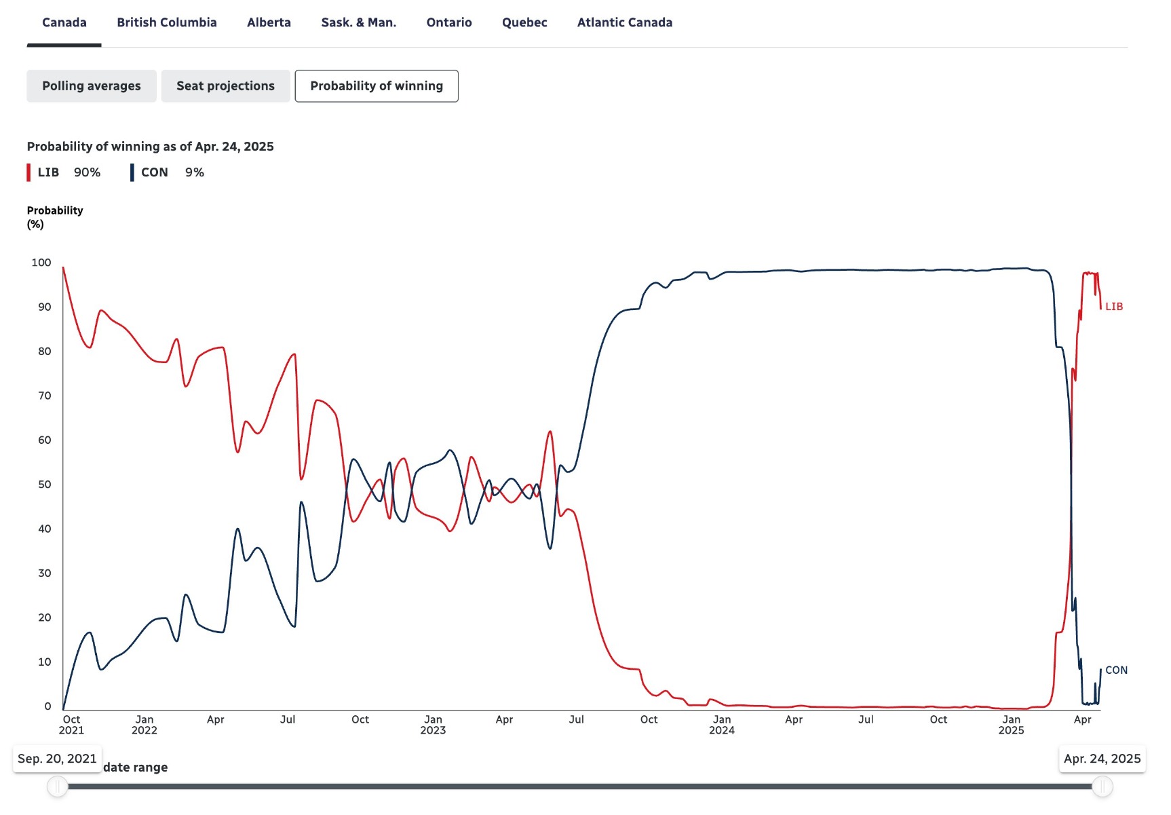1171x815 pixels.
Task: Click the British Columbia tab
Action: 166,22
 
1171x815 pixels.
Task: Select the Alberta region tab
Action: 269,22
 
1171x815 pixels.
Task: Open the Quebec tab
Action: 524,22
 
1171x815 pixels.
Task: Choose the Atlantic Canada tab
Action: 624,22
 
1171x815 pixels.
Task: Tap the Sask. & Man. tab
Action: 358,22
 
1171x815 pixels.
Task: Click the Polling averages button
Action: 92,86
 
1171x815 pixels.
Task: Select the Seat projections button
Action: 225,86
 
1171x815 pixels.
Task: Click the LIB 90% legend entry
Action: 64,172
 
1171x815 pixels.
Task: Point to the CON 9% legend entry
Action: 168,172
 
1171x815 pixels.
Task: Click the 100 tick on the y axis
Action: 41,263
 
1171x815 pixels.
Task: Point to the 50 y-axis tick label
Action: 44,485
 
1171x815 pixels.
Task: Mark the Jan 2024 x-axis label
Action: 721,725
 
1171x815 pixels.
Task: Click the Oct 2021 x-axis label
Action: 71,725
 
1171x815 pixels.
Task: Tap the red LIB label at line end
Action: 1113,307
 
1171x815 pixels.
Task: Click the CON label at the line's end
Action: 1116,670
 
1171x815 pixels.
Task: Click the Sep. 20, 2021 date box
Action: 57,759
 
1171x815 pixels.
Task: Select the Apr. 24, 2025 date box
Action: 1102,759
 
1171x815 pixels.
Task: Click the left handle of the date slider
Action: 58,786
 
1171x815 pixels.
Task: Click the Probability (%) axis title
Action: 55,217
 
